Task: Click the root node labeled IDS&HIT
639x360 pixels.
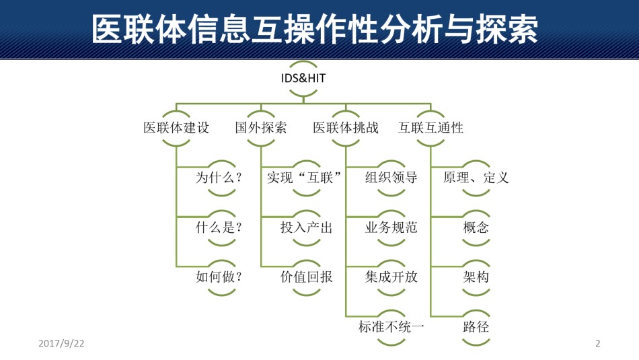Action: (x=303, y=78)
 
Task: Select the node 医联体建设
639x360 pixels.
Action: (x=176, y=128)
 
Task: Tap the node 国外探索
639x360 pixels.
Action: (x=261, y=128)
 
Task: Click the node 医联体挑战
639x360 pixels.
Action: (x=346, y=128)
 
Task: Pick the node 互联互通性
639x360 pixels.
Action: (x=430, y=128)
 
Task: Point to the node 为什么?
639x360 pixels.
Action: (x=219, y=178)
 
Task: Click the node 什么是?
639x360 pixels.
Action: (x=219, y=227)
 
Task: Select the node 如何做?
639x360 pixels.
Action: (x=219, y=277)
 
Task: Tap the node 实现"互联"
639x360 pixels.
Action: (x=304, y=178)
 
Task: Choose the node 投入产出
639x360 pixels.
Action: (x=307, y=227)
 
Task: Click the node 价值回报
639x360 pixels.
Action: (x=307, y=277)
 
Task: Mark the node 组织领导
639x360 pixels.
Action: (x=391, y=178)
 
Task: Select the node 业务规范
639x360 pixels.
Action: (x=391, y=227)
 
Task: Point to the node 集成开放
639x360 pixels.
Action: (x=391, y=277)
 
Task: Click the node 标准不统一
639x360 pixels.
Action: (x=391, y=327)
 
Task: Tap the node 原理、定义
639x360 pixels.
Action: (x=476, y=178)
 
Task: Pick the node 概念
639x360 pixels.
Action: (x=476, y=227)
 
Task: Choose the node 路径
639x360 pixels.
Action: (x=476, y=327)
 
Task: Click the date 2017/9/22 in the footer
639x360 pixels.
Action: (x=61, y=343)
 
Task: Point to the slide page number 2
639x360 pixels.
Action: (x=597, y=343)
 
